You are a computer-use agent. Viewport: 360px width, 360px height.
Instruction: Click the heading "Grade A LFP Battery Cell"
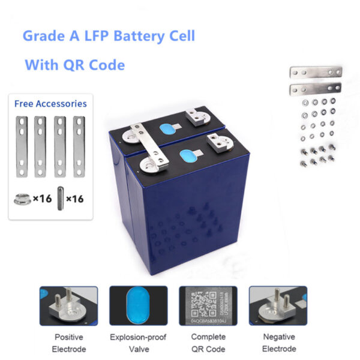pos(109,35)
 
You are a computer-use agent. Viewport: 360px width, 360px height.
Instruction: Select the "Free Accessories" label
pos(50,104)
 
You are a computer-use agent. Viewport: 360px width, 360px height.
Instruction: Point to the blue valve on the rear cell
pos(164,128)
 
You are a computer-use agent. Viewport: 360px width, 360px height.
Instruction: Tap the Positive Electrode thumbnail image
pos(68,306)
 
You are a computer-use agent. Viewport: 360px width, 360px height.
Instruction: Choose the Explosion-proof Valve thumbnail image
pos(138,306)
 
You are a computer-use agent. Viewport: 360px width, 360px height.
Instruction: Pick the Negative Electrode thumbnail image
pos(278,306)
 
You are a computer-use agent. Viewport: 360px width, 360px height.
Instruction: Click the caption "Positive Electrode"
pos(68,343)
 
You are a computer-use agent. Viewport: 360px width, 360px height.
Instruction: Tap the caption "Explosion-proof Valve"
pos(138,343)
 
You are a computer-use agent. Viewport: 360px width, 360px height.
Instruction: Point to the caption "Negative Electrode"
pos(278,343)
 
